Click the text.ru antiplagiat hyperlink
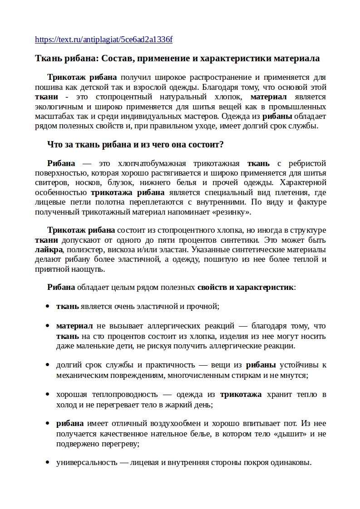(x=104, y=39)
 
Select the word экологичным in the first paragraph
(x=56, y=107)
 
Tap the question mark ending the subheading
(x=221, y=145)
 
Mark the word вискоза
(x=123, y=250)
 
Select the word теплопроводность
(x=107, y=395)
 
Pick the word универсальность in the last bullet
(x=86, y=463)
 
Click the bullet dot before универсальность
(x=47, y=463)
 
